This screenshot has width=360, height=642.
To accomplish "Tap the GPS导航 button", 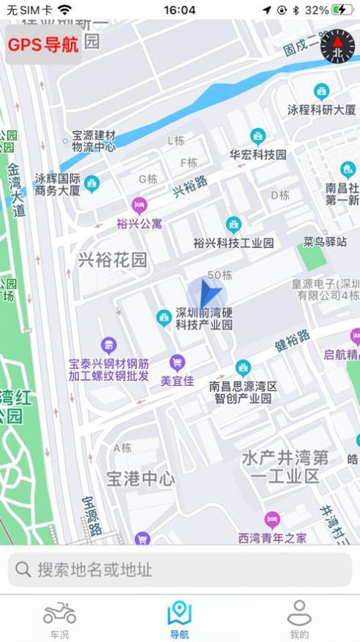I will click(x=43, y=45).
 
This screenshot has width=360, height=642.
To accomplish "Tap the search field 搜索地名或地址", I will click(x=180, y=570).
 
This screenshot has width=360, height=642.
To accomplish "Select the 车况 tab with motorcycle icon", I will click(x=59, y=619).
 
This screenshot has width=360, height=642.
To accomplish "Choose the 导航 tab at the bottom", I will click(x=179, y=619).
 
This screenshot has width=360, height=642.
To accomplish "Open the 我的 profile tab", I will click(x=299, y=619).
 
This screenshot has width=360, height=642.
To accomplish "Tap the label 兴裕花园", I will click(x=113, y=260).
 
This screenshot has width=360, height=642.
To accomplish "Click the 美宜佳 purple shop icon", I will click(x=176, y=362).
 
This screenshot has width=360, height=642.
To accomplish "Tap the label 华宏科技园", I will click(x=258, y=155).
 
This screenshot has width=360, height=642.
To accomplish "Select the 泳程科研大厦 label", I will click(x=321, y=110).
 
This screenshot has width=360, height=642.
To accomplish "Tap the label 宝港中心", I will click(x=140, y=479).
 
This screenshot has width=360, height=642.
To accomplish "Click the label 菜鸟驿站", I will click(x=325, y=241).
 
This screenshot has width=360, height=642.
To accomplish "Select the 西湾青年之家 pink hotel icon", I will click(x=272, y=521).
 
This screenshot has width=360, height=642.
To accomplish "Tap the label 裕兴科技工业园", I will click(x=233, y=242).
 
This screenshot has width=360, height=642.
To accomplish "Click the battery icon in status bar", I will click(x=342, y=10).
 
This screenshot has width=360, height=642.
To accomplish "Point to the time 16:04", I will click(x=179, y=10).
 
